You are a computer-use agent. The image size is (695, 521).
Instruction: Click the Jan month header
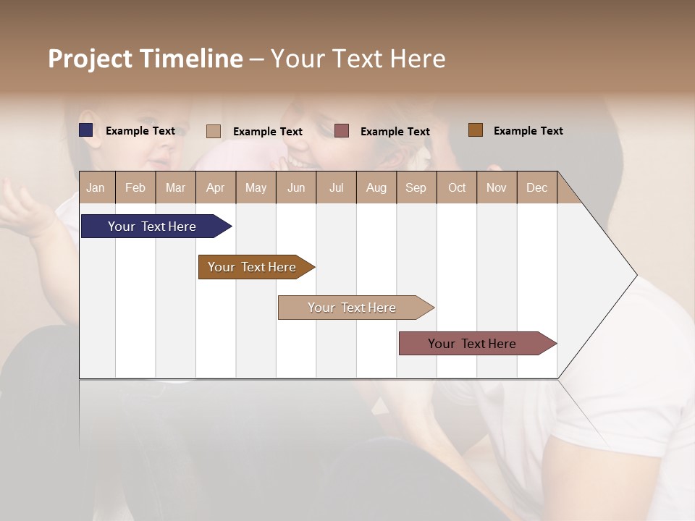point(96,187)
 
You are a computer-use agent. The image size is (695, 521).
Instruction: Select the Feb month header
point(135,187)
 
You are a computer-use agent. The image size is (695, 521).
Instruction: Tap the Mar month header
point(175,187)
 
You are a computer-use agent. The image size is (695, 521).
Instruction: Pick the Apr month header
point(216,187)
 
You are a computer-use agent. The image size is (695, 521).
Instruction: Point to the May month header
point(256,187)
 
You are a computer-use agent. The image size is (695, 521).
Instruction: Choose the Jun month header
point(296,187)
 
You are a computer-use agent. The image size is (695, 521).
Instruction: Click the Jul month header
point(336,187)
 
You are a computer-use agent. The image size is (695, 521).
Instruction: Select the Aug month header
point(376,187)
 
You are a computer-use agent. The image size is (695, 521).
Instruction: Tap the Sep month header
point(416,187)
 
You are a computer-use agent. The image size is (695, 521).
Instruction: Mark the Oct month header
point(457,187)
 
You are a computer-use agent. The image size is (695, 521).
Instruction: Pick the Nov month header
point(497,187)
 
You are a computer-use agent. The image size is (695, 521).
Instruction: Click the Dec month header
point(537,187)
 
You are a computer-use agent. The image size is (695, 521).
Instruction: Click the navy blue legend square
point(86,130)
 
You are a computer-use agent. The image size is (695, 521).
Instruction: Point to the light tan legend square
point(214,131)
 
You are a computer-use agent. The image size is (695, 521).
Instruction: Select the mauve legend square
point(342,131)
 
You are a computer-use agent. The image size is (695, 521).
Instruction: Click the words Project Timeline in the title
point(146,59)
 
